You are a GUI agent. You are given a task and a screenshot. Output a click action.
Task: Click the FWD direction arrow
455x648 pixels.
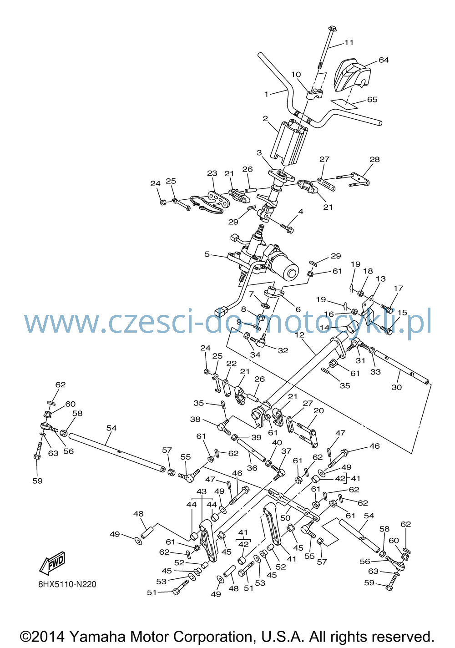point(53,562)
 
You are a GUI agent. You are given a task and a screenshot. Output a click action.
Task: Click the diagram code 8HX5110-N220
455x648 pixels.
point(67,584)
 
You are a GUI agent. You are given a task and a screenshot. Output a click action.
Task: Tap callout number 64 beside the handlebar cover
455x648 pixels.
point(384,60)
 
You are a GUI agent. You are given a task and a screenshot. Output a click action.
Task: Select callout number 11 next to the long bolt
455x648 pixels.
point(349,42)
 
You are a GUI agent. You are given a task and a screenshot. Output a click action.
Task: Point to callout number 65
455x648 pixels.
point(372,99)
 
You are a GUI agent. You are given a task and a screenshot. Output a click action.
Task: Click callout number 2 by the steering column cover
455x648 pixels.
point(265,118)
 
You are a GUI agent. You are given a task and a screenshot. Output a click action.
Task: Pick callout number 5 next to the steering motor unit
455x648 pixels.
point(207,254)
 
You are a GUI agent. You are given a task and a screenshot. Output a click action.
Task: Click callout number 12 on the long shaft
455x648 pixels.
point(300,335)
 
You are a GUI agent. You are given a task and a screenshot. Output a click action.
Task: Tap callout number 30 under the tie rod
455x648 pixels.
point(396,387)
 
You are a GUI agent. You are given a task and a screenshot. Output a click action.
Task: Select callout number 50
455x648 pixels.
point(285,517)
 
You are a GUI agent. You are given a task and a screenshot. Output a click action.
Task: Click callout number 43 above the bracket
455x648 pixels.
point(202,491)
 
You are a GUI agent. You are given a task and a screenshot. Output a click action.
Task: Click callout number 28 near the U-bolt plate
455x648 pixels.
point(374,159)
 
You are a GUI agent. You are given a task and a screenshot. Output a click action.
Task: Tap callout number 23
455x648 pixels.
point(212,173)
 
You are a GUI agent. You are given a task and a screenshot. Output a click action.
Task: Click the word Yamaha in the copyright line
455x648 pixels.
point(97,637)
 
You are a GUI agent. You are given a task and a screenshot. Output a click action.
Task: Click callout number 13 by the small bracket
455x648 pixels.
point(381,278)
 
